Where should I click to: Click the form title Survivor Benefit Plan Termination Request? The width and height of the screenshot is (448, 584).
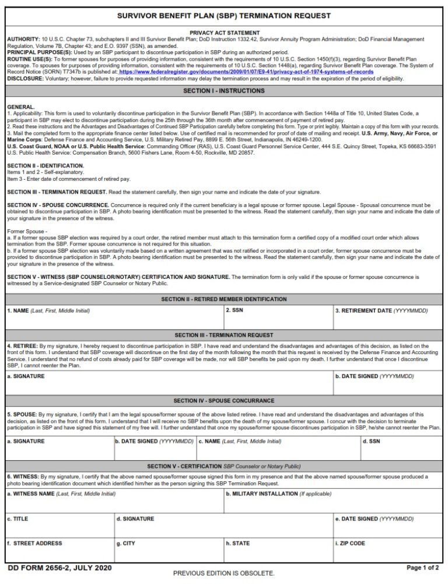(x=224, y=15)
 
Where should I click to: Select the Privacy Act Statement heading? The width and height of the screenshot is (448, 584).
(x=224, y=33)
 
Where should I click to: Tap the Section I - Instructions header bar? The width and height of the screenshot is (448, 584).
(x=224, y=91)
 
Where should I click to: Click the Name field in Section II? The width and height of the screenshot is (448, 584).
(x=114, y=318)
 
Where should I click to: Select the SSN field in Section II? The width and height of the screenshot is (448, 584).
(x=278, y=318)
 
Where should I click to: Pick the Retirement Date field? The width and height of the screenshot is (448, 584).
(x=389, y=318)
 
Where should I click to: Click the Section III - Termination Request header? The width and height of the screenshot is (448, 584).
(x=224, y=335)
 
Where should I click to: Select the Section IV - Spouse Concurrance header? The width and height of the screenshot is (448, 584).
(x=224, y=401)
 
